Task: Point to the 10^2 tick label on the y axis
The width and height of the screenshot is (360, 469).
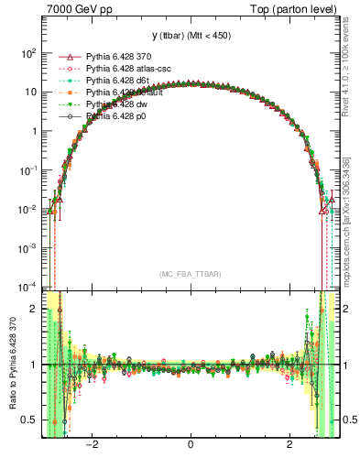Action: [29, 53]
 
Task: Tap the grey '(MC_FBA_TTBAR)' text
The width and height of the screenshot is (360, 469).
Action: [191, 274]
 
